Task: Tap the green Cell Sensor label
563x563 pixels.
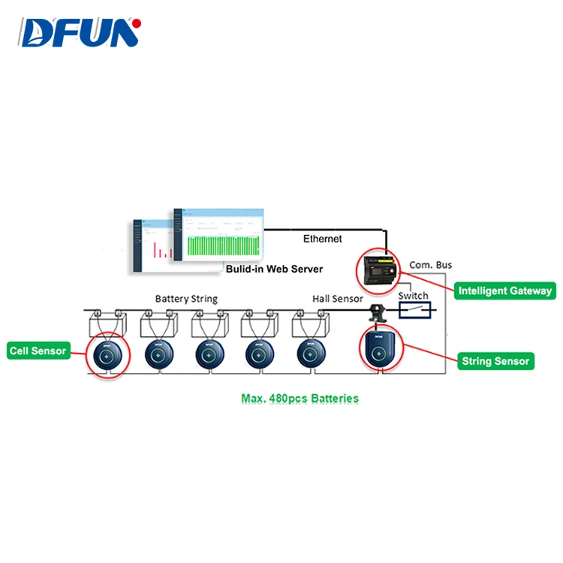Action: point(38,350)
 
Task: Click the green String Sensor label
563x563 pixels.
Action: point(495,361)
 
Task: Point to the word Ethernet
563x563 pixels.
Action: point(322,239)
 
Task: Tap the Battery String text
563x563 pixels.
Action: point(186,299)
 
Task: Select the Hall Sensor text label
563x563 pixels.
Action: point(337,299)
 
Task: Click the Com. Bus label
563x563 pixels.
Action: point(431,265)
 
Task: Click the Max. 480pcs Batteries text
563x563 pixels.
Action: point(300,398)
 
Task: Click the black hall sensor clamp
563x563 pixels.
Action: point(374,309)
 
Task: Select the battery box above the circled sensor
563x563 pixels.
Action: point(107,323)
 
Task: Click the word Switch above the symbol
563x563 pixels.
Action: point(414,295)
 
